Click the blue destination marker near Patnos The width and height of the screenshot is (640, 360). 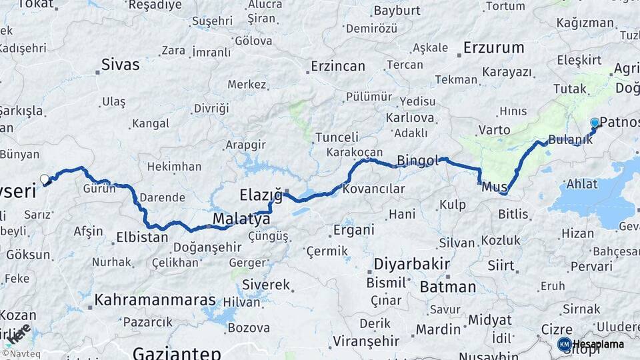[595, 123]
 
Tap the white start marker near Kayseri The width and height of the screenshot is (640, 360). [45, 179]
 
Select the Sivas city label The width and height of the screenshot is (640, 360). [121, 65]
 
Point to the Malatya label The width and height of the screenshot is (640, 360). [241, 219]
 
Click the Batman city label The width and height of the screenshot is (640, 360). [448, 287]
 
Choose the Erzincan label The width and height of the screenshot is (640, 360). [338, 66]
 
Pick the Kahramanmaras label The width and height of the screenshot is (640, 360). [155, 300]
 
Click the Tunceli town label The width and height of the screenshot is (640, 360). [337, 137]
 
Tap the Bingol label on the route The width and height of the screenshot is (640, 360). [418, 160]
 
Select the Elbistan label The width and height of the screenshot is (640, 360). [142, 237]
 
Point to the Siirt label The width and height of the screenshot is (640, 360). [501, 266]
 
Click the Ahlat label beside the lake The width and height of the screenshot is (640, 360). [583, 185]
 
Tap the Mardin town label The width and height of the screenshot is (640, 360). [438, 329]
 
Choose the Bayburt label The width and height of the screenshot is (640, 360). [397, 11]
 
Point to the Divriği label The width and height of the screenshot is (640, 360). [211, 108]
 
